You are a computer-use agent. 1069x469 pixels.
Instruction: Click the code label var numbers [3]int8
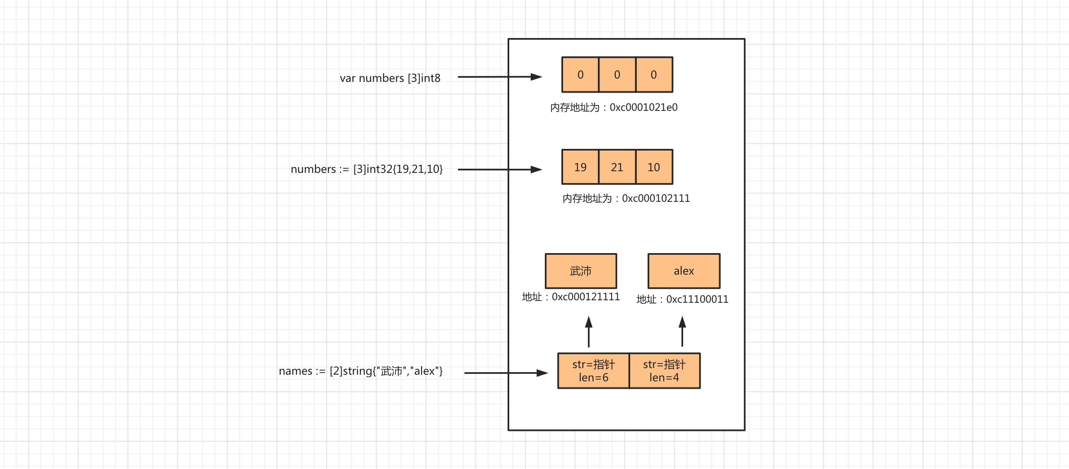[390, 78]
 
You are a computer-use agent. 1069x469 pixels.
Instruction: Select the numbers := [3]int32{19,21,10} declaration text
[366, 169]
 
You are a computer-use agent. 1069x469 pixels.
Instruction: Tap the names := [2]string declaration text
[360, 371]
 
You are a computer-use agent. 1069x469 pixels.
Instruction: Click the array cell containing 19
[580, 167]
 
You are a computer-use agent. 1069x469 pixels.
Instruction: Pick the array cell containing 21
[616, 167]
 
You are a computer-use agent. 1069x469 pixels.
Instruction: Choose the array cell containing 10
[654, 167]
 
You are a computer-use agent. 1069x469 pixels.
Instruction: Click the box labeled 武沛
[580, 271]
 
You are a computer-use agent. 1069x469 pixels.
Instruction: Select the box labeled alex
[684, 271]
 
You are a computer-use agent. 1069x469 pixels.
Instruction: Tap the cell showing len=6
[593, 371]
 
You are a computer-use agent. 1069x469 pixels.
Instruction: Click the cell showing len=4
[664, 371]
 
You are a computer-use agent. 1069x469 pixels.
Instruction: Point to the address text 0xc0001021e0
[643, 108]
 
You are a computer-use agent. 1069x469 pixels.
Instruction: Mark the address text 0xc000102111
[656, 198]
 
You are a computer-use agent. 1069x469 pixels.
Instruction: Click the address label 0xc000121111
[585, 297]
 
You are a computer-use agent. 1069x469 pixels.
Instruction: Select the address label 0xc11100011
[697, 299]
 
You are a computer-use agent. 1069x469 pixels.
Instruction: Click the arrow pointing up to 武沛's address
[588, 332]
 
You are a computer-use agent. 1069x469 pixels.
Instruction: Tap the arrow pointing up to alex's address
[682, 332]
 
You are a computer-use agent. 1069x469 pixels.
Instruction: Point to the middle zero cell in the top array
[616, 74]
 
